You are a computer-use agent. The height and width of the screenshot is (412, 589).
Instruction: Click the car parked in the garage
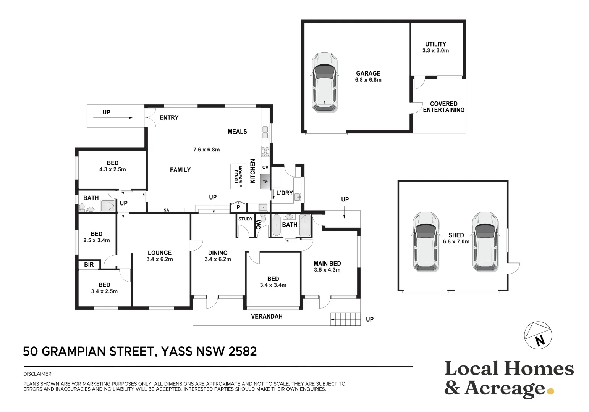tap(325, 82)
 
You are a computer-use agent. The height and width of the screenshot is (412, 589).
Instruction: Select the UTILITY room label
tap(435, 44)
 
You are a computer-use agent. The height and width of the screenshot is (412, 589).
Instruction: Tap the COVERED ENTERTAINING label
tap(443, 107)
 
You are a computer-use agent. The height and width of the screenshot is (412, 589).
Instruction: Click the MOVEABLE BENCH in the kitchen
tap(238, 176)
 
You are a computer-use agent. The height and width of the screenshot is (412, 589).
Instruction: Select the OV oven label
tap(265, 167)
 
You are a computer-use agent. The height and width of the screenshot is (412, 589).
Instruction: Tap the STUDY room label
tap(245, 219)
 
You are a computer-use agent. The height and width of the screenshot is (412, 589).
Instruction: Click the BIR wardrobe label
tap(89, 265)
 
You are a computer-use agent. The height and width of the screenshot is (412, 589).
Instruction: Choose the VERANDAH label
tap(267, 316)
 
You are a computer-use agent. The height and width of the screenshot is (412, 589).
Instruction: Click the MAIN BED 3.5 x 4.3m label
tap(327, 266)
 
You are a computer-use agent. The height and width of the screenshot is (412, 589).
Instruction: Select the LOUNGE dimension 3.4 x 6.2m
tap(160, 259)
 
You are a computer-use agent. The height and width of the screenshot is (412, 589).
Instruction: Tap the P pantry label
tap(238, 208)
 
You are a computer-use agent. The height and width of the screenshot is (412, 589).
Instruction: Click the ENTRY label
tap(169, 117)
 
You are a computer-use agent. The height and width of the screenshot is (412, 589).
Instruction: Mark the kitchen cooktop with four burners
tap(265, 151)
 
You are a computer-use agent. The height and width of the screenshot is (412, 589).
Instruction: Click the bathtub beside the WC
tap(275, 225)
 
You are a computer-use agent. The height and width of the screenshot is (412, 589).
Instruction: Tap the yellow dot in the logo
tap(550, 391)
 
